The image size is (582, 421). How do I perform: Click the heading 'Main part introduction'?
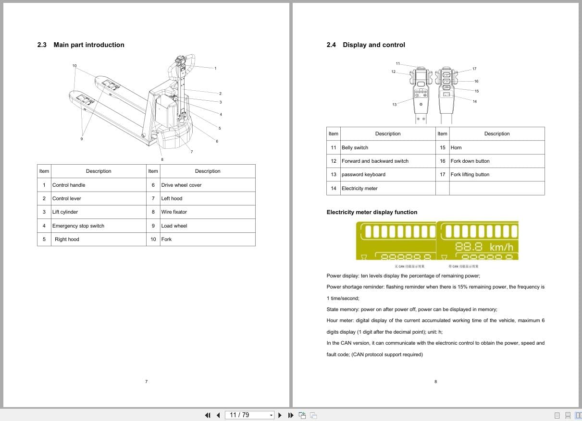88,45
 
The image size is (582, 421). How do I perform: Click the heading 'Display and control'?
373,45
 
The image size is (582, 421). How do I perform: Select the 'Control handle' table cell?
69,185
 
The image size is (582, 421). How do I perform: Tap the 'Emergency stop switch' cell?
78,226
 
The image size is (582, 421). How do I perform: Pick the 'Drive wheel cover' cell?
181,185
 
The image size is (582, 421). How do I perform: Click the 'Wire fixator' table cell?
174,212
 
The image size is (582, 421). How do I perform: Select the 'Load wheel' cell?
174,226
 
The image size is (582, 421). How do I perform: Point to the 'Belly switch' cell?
355,147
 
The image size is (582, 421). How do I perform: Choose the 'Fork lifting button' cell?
470,174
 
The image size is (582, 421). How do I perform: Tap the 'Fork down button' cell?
470,161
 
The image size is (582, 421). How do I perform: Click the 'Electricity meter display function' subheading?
371,212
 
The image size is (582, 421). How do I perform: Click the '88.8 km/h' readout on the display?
484,247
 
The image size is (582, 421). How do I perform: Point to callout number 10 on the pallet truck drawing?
74,65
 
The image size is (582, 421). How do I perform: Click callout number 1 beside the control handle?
215,68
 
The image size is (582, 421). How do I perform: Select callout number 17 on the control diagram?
474,69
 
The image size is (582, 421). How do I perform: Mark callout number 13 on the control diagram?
394,104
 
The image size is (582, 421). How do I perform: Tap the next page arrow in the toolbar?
280,415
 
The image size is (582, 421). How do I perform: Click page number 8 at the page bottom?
435,382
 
